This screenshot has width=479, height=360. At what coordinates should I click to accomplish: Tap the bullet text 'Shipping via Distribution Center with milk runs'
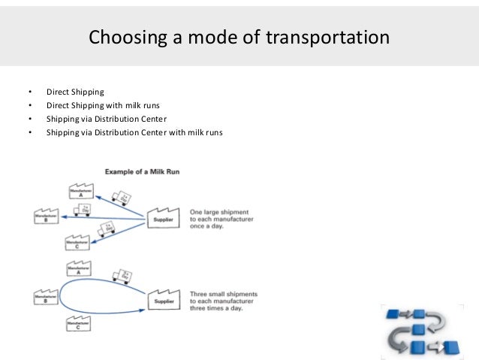(x=134, y=133)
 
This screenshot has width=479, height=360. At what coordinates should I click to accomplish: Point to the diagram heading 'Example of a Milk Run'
(x=142, y=172)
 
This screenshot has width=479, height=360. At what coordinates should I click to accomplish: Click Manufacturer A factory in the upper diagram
(x=80, y=191)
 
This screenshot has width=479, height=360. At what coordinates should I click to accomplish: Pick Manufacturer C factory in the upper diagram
(x=78, y=242)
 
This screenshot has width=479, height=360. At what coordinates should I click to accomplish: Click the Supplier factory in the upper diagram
(x=162, y=219)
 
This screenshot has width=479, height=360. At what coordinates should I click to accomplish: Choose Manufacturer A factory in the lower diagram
(x=79, y=268)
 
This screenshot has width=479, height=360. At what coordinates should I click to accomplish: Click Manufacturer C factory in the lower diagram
(x=78, y=324)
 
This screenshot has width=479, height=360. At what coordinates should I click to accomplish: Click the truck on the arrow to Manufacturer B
(x=81, y=210)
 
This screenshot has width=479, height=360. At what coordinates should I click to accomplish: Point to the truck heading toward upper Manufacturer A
(x=120, y=198)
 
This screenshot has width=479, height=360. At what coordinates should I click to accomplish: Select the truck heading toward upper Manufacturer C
(x=107, y=228)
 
